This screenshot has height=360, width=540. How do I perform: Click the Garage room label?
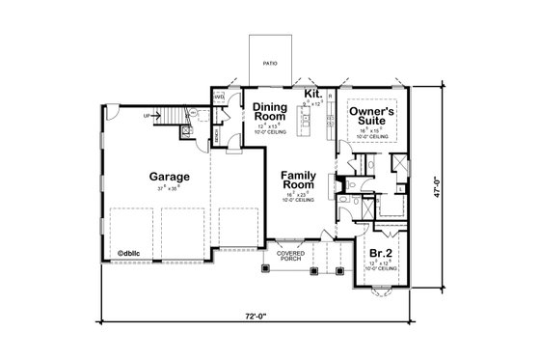pos(169,177)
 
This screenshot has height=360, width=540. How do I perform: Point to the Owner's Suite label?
pos(370,118)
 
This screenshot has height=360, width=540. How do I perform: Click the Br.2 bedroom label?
pos(379,256)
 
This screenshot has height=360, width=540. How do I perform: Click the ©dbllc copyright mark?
pos(130,256)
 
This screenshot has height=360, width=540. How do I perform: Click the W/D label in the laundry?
pos(218,98)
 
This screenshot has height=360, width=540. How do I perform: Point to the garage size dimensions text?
pos(168,189)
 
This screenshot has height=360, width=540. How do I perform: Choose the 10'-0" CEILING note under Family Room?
pos(298,201)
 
